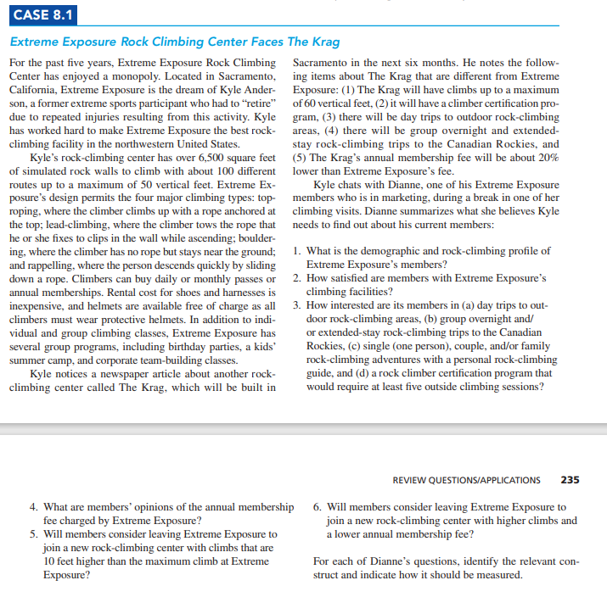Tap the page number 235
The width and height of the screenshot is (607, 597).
tap(570, 479)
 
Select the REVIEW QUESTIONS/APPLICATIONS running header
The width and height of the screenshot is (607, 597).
tap(466, 479)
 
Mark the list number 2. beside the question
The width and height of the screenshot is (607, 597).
tap(295, 277)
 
